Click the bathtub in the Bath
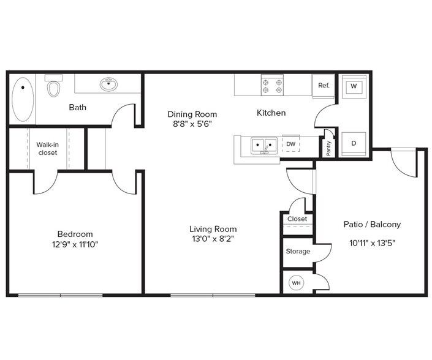point(23,98)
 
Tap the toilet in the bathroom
point(55,87)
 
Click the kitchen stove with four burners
point(271,84)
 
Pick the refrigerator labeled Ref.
point(324,86)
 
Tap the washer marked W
point(353,86)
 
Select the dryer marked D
point(353,143)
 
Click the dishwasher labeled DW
point(290,144)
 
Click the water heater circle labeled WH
point(297,283)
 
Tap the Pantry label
point(328,149)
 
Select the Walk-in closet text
point(47,148)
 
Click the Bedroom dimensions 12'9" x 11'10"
point(75,244)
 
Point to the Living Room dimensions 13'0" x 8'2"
point(212,239)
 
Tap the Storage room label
point(298,251)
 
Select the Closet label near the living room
point(297,219)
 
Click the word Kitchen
point(271,113)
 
